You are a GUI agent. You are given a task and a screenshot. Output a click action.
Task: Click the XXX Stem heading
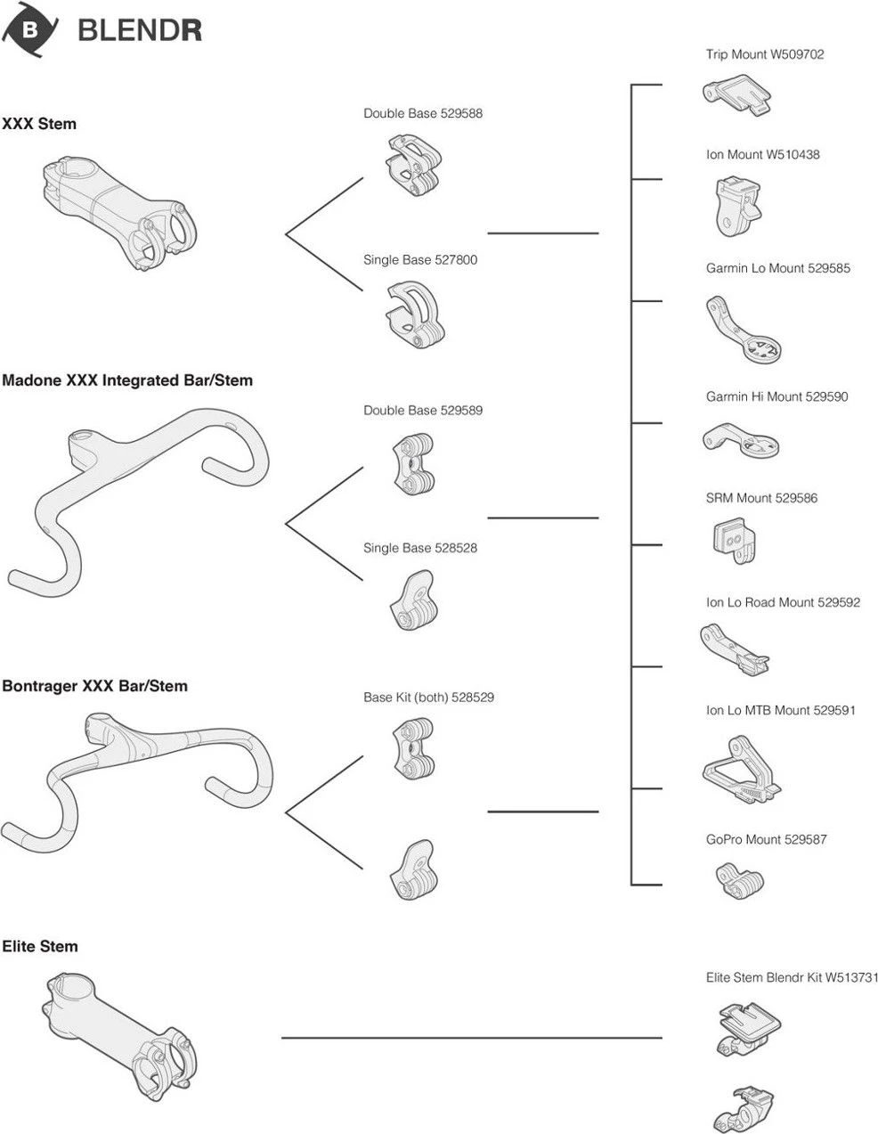[x=39, y=124]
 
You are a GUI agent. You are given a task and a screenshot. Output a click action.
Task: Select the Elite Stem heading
[x=40, y=946]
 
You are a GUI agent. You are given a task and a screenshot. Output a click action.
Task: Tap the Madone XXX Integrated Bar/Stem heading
[x=127, y=380]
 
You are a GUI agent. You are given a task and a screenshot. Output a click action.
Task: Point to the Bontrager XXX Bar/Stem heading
[x=94, y=686]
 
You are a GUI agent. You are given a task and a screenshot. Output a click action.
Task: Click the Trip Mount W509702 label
[x=765, y=54]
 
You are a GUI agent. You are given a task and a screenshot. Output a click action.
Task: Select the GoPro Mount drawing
[x=741, y=878]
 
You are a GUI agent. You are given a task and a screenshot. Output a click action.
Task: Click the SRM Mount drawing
[x=735, y=540]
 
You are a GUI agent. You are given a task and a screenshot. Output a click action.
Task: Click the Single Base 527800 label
[x=420, y=260]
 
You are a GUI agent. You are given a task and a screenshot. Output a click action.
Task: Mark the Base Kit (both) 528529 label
[x=428, y=698]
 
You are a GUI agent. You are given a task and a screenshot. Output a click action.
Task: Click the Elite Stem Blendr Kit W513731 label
[x=792, y=977]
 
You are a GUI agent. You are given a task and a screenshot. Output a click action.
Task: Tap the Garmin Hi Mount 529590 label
[x=776, y=396]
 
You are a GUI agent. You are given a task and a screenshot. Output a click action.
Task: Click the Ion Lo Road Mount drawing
[x=734, y=647]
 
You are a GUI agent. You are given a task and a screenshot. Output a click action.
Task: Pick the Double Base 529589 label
[x=423, y=411]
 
